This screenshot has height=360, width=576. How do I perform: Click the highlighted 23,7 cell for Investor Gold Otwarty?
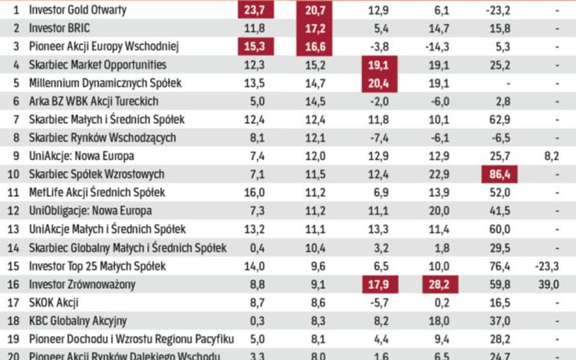click(256, 10)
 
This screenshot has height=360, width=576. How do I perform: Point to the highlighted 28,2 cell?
click(441, 285)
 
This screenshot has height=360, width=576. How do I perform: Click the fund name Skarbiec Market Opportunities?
click(97, 65)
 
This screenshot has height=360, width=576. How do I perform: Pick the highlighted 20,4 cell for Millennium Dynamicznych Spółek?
click(379, 83)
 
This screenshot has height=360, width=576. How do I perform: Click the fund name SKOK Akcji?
click(54, 302)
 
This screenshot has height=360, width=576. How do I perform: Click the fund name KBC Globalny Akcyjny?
click(78, 321)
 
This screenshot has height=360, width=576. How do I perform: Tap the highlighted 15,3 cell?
click(256, 47)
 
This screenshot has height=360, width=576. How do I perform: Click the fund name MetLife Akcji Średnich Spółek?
click(97, 193)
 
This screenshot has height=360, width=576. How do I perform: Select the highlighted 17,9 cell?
click(379, 285)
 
